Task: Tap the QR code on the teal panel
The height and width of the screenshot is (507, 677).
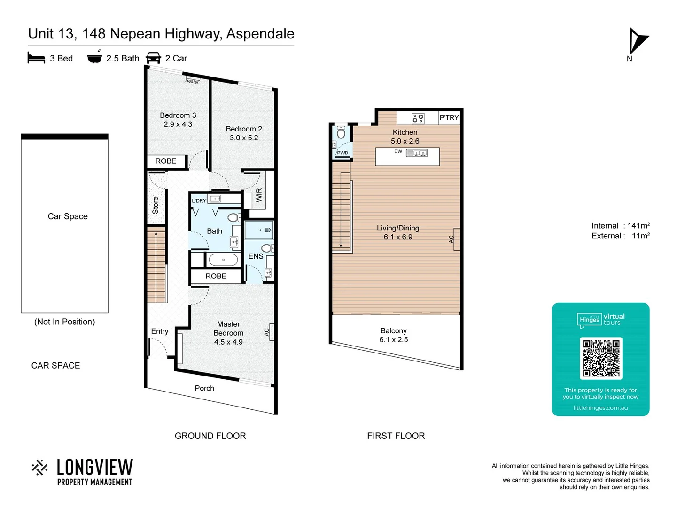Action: tap(601, 358)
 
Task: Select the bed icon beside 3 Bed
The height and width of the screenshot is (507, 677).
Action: tap(36, 58)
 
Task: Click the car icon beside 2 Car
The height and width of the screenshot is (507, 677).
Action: tap(154, 58)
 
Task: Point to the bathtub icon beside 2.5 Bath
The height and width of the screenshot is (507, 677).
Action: tap(94, 57)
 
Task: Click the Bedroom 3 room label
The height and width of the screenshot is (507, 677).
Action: tap(178, 115)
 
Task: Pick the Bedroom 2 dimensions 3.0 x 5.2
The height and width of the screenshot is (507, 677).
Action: tap(244, 138)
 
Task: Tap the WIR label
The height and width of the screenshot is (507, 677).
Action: tap(259, 195)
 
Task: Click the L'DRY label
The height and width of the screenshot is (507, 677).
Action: tap(199, 201)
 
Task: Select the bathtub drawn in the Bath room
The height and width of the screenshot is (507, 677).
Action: tap(223, 260)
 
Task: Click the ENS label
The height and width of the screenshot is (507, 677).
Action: tap(256, 256)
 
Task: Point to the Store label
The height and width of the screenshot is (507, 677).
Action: tap(156, 205)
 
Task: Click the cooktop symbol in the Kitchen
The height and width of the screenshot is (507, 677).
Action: tap(418, 118)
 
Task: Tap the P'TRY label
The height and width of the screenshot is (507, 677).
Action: tap(449, 118)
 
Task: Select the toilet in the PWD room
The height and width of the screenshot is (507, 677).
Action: tap(342, 133)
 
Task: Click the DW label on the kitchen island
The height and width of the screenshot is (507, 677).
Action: tap(398, 152)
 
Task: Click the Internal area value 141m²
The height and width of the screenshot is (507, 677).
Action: tap(638, 226)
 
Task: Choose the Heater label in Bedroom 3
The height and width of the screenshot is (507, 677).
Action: tap(192, 81)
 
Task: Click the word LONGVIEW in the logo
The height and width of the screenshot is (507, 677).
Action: tap(95, 468)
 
